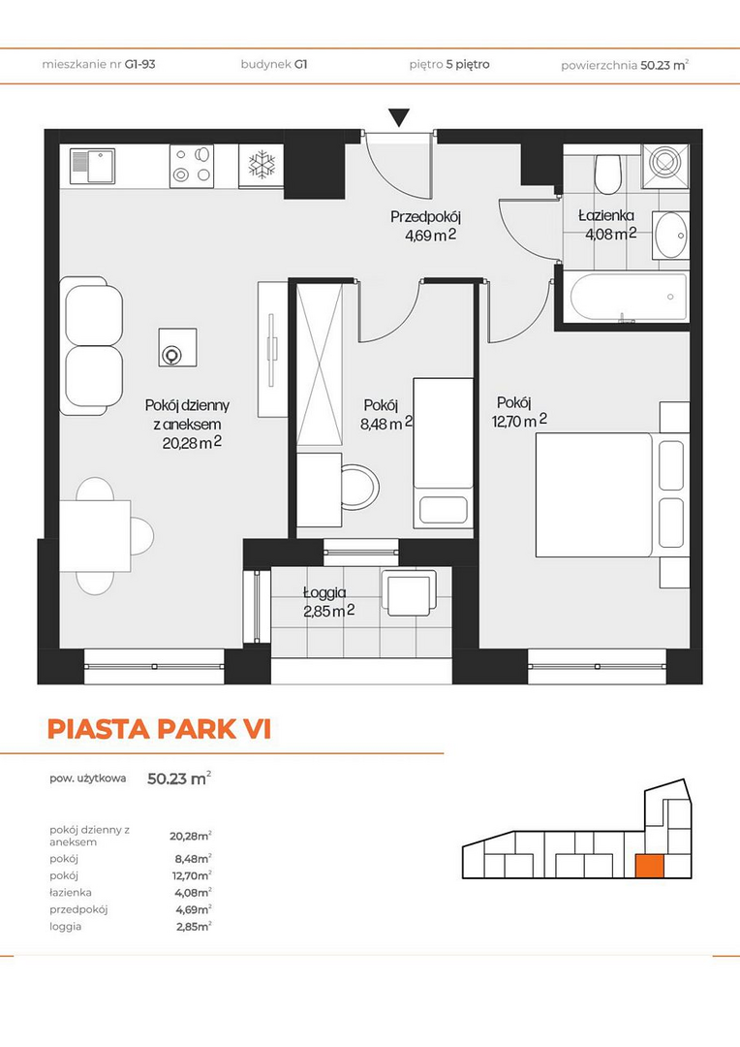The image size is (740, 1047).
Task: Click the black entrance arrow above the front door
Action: (x=399, y=117)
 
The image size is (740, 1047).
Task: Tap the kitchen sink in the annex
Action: (x=93, y=167)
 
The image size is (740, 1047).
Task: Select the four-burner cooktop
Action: (x=192, y=166)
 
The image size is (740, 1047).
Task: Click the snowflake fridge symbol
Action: (x=262, y=164)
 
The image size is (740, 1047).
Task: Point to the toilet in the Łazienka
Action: (x=608, y=173)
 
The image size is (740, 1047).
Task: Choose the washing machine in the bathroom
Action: (x=664, y=165)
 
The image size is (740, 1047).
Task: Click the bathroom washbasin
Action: (x=670, y=235)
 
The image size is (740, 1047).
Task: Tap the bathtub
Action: (x=629, y=298)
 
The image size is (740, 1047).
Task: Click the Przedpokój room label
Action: (x=426, y=216)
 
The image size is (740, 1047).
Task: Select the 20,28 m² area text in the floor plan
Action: (x=192, y=443)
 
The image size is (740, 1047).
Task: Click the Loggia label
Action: (x=324, y=592)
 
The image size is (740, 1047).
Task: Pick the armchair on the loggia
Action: (x=409, y=593)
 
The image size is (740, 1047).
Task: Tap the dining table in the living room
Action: (x=95, y=535)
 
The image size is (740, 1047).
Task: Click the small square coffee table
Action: (x=177, y=347)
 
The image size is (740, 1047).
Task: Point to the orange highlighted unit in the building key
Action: (x=649, y=866)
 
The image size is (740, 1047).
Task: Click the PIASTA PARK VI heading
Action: (x=160, y=729)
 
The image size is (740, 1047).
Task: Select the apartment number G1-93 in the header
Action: (x=140, y=65)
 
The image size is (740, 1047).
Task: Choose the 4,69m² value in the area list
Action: (x=194, y=908)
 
